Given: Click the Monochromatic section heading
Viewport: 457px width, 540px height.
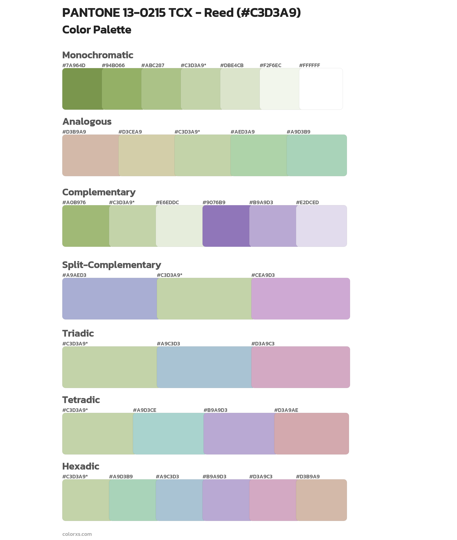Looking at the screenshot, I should coord(98,55).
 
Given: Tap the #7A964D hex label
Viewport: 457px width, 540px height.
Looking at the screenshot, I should coord(74,65).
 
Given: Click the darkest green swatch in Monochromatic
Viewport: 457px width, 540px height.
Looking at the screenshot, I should coord(82,89).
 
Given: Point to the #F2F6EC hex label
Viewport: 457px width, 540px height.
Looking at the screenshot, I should coord(270,65).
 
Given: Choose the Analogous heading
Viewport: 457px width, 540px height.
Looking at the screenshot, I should coord(87,121).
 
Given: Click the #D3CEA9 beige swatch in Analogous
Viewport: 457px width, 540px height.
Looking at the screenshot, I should coord(146,155).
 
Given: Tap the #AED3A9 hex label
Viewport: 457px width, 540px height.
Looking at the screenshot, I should coord(242,132).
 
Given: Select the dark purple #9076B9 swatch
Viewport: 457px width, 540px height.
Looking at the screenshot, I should coord(226,226).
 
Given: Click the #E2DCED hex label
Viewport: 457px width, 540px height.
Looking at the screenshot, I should coord(307,202).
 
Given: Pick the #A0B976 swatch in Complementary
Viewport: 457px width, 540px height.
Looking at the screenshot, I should coord(86,226).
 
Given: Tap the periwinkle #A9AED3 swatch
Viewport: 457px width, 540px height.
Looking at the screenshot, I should coord(109,299).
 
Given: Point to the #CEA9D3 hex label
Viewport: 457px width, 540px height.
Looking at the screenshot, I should coord(263,275).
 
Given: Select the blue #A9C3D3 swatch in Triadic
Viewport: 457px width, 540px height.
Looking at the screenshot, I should coord(204,367).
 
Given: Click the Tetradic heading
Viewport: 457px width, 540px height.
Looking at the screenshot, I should coord(81,400).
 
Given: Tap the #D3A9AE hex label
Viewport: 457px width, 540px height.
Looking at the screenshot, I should coord(286,410).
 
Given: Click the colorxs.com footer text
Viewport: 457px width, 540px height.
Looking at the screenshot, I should coord(77,534).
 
